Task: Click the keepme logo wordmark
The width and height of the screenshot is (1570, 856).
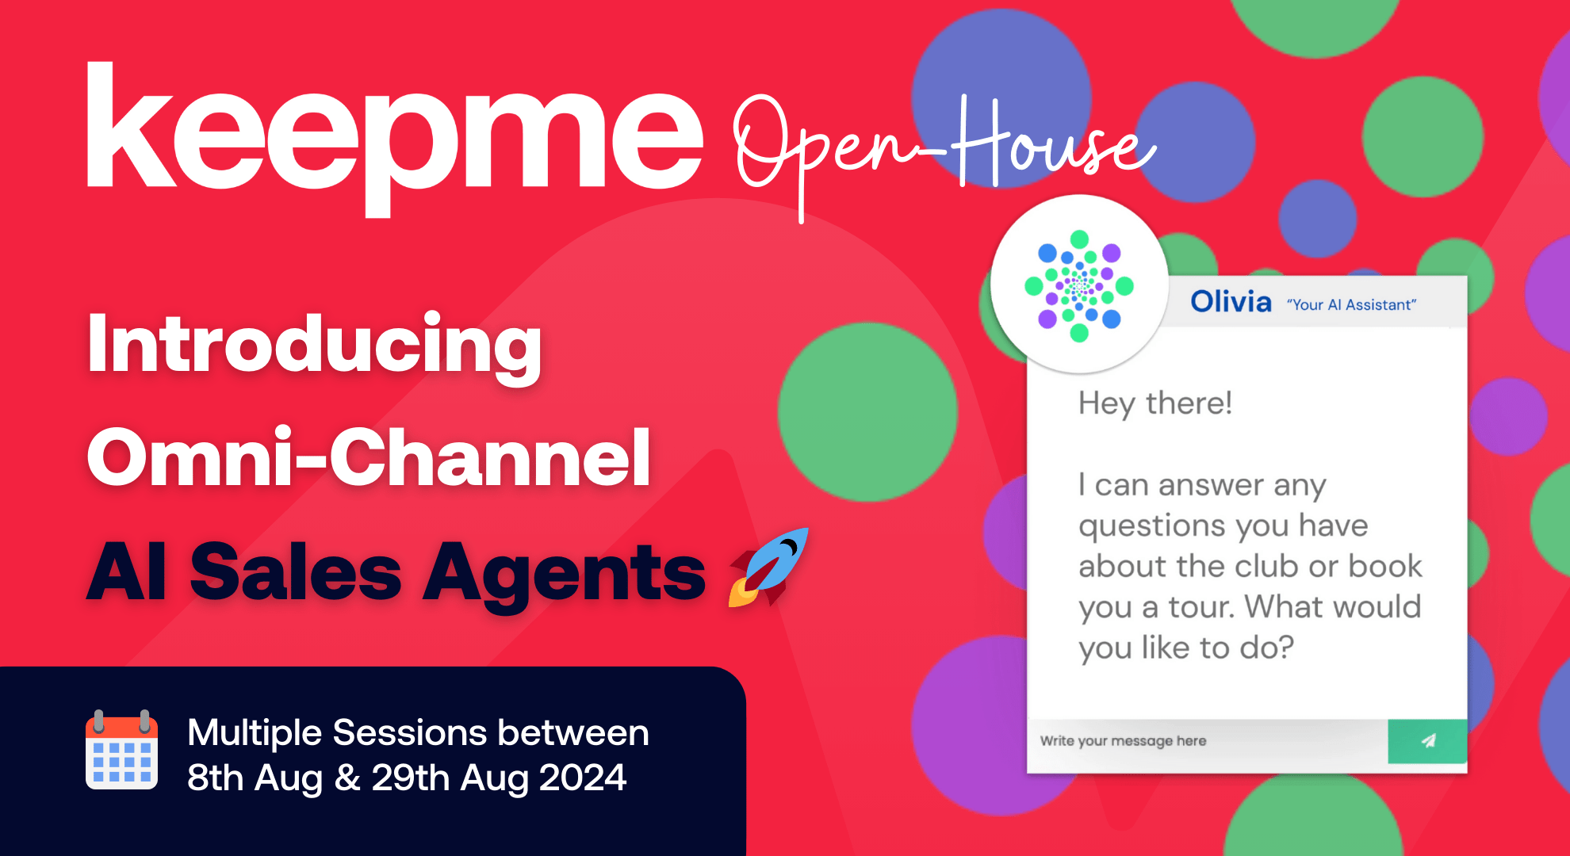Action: pyautogui.click(x=394, y=135)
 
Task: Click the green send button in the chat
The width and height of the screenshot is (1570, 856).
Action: pyautogui.click(x=1427, y=741)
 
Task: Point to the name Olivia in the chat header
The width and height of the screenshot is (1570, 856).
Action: pyautogui.click(x=1231, y=302)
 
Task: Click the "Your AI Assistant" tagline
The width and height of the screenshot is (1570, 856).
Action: pyautogui.click(x=1351, y=305)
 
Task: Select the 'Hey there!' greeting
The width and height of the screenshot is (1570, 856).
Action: pyautogui.click(x=1155, y=403)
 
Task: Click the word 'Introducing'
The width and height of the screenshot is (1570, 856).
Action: pyautogui.click(x=315, y=345)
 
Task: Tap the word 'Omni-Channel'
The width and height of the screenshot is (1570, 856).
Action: pyautogui.click(x=369, y=458)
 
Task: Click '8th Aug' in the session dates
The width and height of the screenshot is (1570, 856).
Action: pyautogui.click(x=255, y=778)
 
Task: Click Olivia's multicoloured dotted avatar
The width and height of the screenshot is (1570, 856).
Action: pyautogui.click(x=1079, y=285)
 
